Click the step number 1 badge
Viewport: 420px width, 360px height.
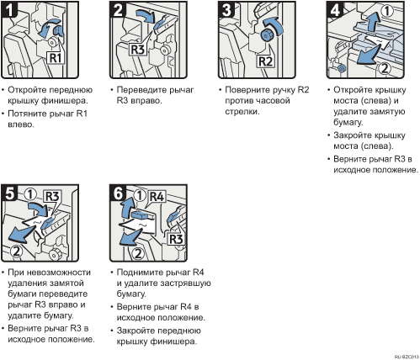point(9,9)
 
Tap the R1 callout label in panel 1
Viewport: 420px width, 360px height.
point(56,58)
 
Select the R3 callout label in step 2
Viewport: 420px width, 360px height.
point(137,50)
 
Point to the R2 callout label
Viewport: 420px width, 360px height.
point(266,61)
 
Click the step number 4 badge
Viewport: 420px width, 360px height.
point(335,9)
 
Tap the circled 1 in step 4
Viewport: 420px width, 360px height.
point(387,11)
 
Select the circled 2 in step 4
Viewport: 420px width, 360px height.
point(385,68)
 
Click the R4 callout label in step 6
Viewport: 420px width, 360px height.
point(157,197)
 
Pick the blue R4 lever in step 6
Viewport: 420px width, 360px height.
point(141,214)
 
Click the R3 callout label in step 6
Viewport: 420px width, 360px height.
point(176,239)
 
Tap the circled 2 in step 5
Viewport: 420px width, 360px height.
point(17,251)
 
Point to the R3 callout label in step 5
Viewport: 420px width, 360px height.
point(52,196)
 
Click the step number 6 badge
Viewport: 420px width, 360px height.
point(118,193)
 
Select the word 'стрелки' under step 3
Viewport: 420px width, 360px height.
point(242,112)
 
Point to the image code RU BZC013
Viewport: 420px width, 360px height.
point(407,357)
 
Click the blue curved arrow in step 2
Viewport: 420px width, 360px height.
point(146,14)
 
